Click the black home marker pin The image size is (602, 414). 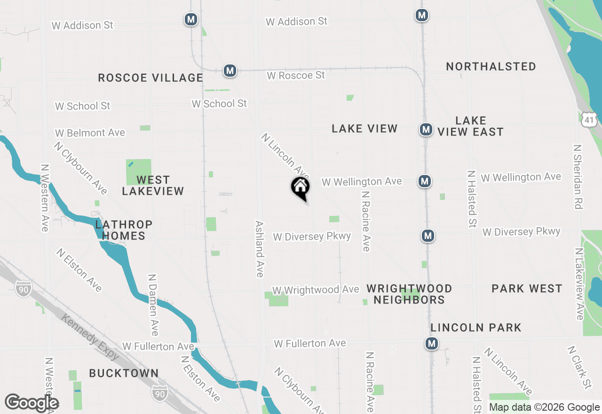tap(301, 188)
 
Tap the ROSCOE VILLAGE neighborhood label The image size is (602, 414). tap(150, 78)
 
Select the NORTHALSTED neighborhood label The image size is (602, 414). tap(491, 67)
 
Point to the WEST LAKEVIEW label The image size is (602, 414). tap(153, 185)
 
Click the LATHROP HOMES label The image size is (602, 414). tap(124, 230)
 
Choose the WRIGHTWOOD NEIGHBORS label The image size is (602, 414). tap(409, 294)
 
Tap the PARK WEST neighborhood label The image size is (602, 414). tap(527, 288)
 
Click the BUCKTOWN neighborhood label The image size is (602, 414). tap(124, 373)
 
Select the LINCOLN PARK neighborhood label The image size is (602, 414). tap(476, 327)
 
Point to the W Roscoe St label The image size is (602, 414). tap(296, 75)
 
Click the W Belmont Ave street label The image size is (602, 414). tap(90, 133)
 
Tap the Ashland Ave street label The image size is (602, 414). tap(259, 249)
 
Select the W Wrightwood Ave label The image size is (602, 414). tap(316, 290)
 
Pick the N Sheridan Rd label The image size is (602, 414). tap(578, 176)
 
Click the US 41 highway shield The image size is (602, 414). tap(589, 119)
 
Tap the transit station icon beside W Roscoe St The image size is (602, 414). tap(230, 71)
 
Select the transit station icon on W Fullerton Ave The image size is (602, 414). tap(431, 343)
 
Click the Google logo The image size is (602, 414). tap(32, 403)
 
